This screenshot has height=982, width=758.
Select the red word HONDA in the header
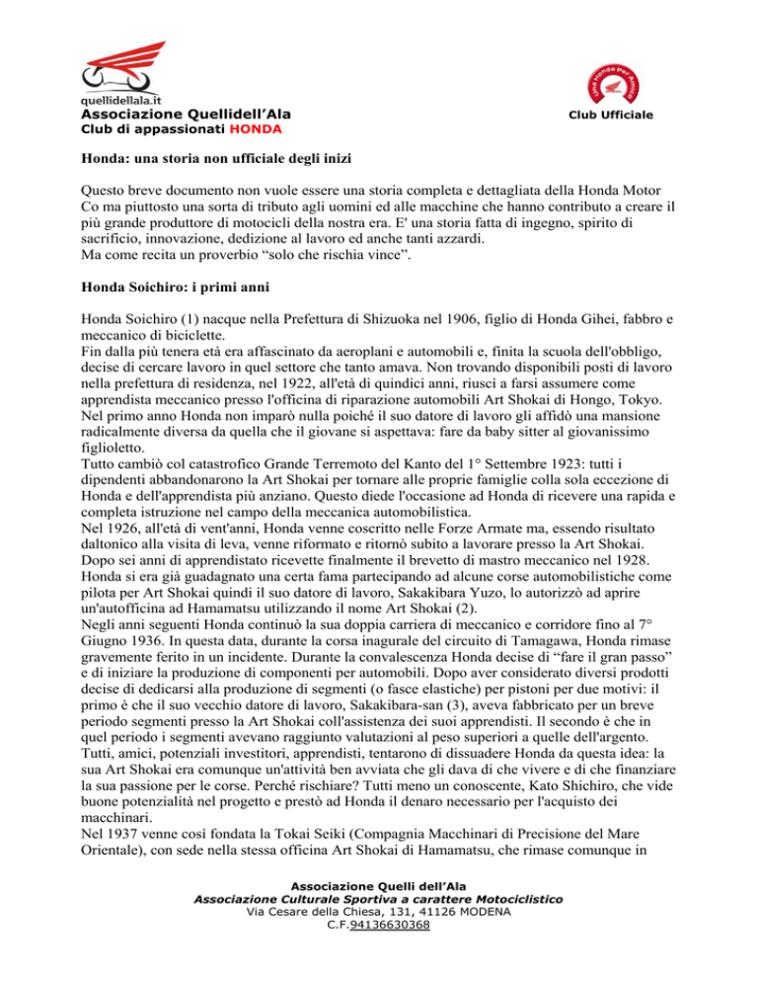click(254, 128)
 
